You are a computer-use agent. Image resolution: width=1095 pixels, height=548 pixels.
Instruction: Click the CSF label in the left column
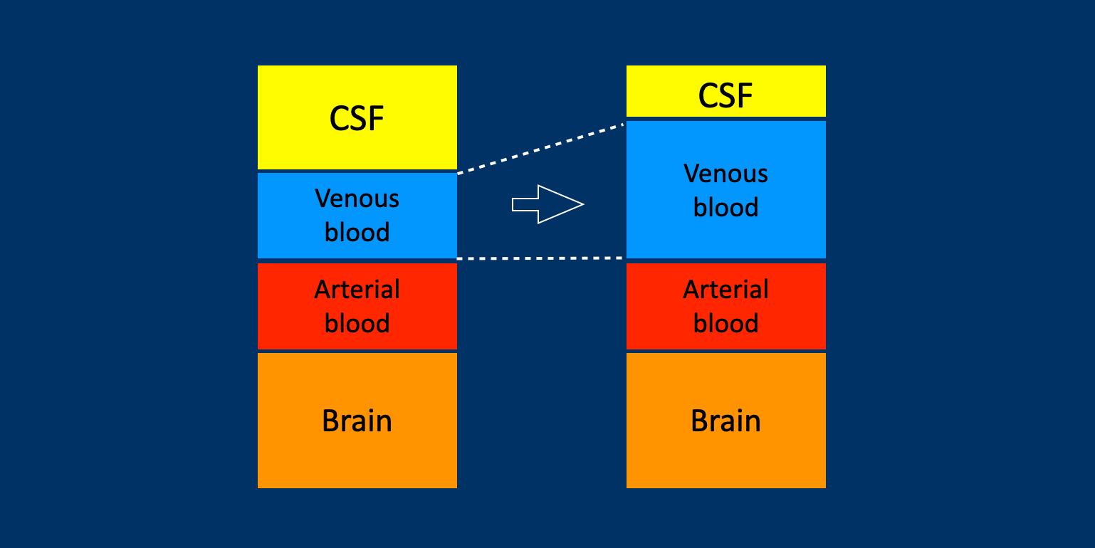(x=357, y=119)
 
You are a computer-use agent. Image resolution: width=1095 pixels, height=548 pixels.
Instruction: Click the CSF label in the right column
(x=725, y=95)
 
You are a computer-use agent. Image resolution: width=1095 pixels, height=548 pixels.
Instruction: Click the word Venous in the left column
(x=357, y=198)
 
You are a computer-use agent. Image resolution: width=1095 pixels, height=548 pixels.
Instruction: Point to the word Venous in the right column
(x=725, y=174)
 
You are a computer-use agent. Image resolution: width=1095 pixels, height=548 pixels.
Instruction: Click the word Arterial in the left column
(x=357, y=290)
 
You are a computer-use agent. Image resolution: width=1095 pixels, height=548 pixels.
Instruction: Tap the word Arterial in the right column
(x=725, y=290)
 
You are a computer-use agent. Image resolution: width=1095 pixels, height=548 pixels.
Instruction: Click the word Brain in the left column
(x=357, y=421)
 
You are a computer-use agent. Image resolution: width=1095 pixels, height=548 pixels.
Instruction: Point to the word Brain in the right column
(x=725, y=421)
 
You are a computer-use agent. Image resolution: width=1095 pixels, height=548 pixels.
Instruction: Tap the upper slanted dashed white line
(x=541, y=148)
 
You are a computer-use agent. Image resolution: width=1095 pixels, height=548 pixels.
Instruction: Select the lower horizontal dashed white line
(x=541, y=258)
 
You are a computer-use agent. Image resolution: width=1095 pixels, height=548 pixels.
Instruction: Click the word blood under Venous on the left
(x=357, y=232)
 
